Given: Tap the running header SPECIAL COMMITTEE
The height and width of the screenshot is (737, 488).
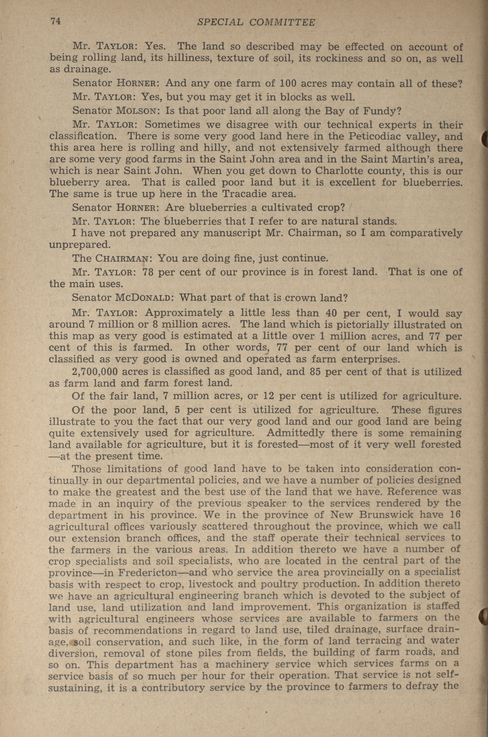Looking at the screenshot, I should [x=256, y=22].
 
